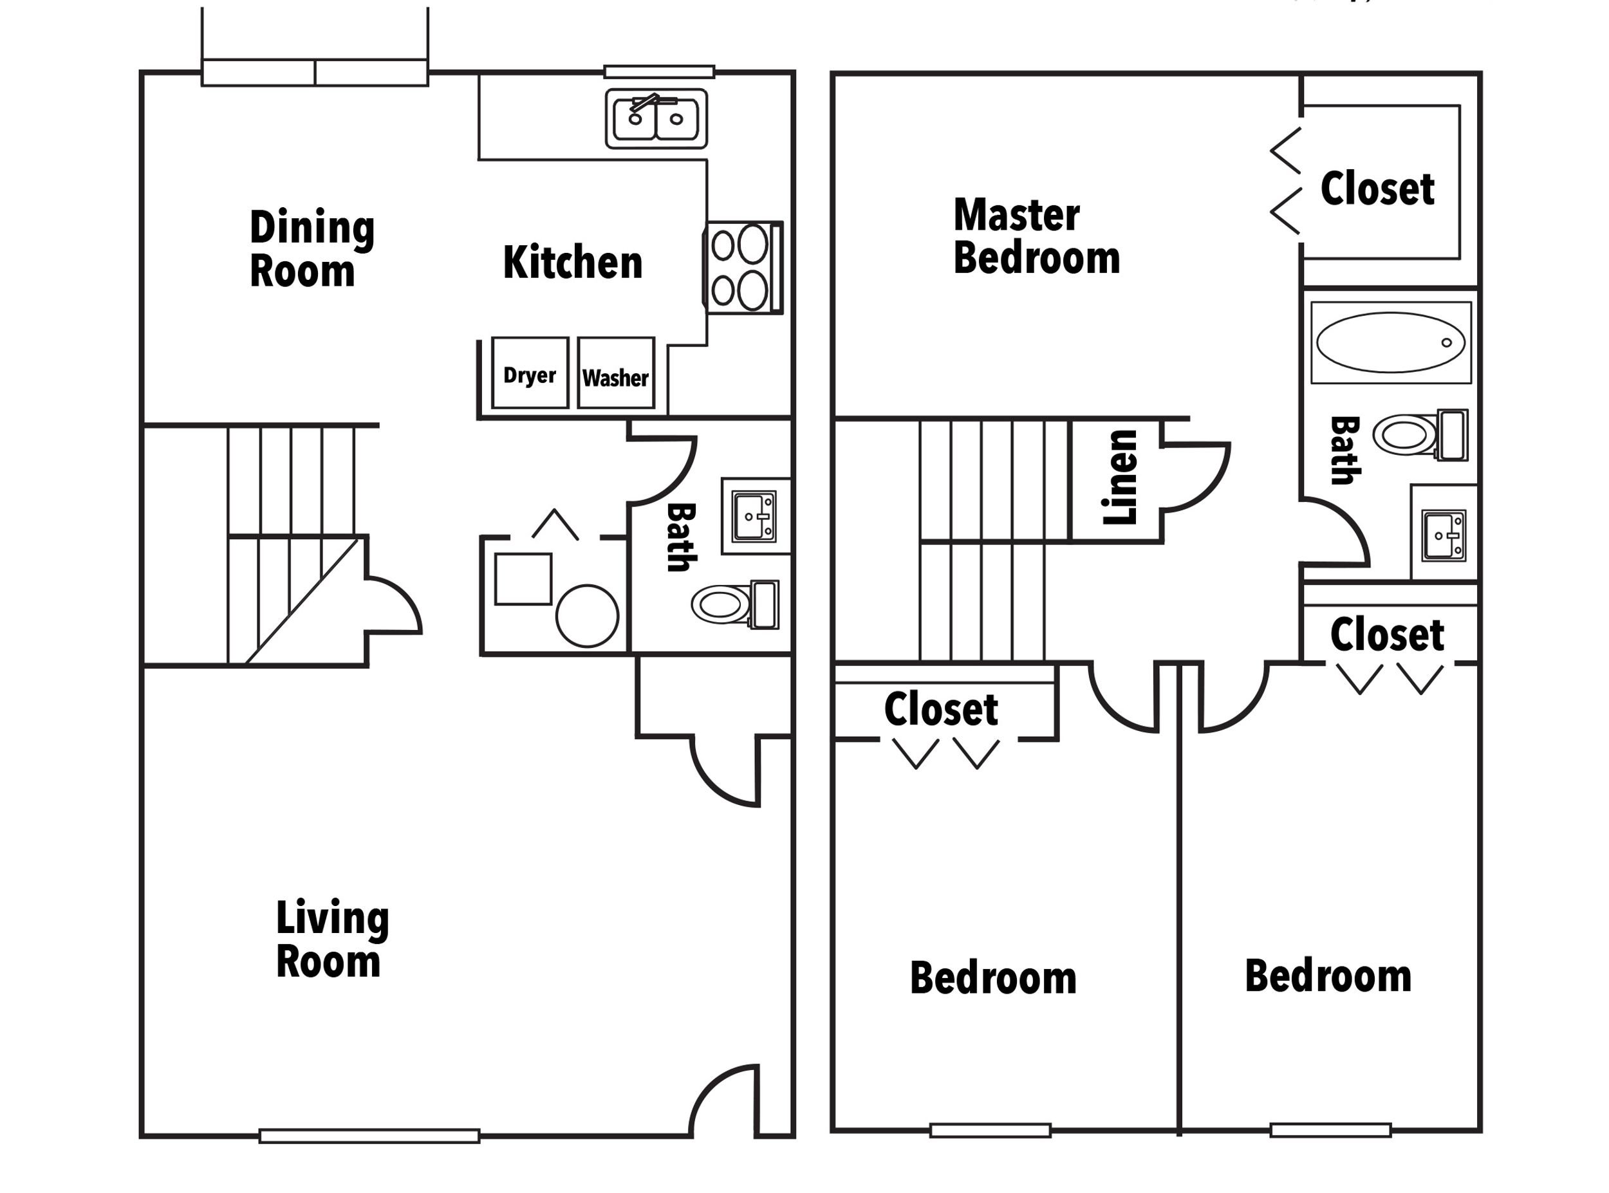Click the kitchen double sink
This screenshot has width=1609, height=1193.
[x=656, y=119]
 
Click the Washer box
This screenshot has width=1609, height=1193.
[x=615, y=373]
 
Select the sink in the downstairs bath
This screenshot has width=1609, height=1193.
[x=754, y=515]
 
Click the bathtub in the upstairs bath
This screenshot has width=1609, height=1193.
[x=1390, y=342]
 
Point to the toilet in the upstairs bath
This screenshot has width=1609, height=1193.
[x=1420, y=435]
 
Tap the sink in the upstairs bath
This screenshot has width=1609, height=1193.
[x=1444, y=535]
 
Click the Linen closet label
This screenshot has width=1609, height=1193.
[x=1120, y=477]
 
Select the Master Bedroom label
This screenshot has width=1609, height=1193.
[x=1036, y=237]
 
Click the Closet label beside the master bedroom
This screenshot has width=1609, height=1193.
[x=1377, y=189]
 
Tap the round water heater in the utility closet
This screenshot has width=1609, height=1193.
[x=586, y=615]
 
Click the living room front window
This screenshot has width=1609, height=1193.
[x=369, y=1136]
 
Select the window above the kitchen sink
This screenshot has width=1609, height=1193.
[x=658, y=71]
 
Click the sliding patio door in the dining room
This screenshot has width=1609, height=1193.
[x=314, y=73]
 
